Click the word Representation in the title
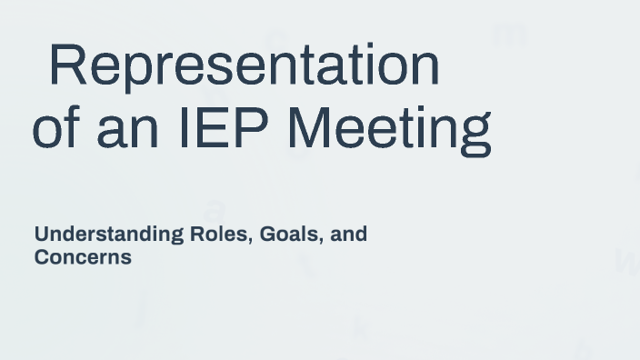click(244, 65)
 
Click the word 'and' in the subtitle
click(349, 235)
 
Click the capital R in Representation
click(66, 65)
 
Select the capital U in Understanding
click(42, 235)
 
